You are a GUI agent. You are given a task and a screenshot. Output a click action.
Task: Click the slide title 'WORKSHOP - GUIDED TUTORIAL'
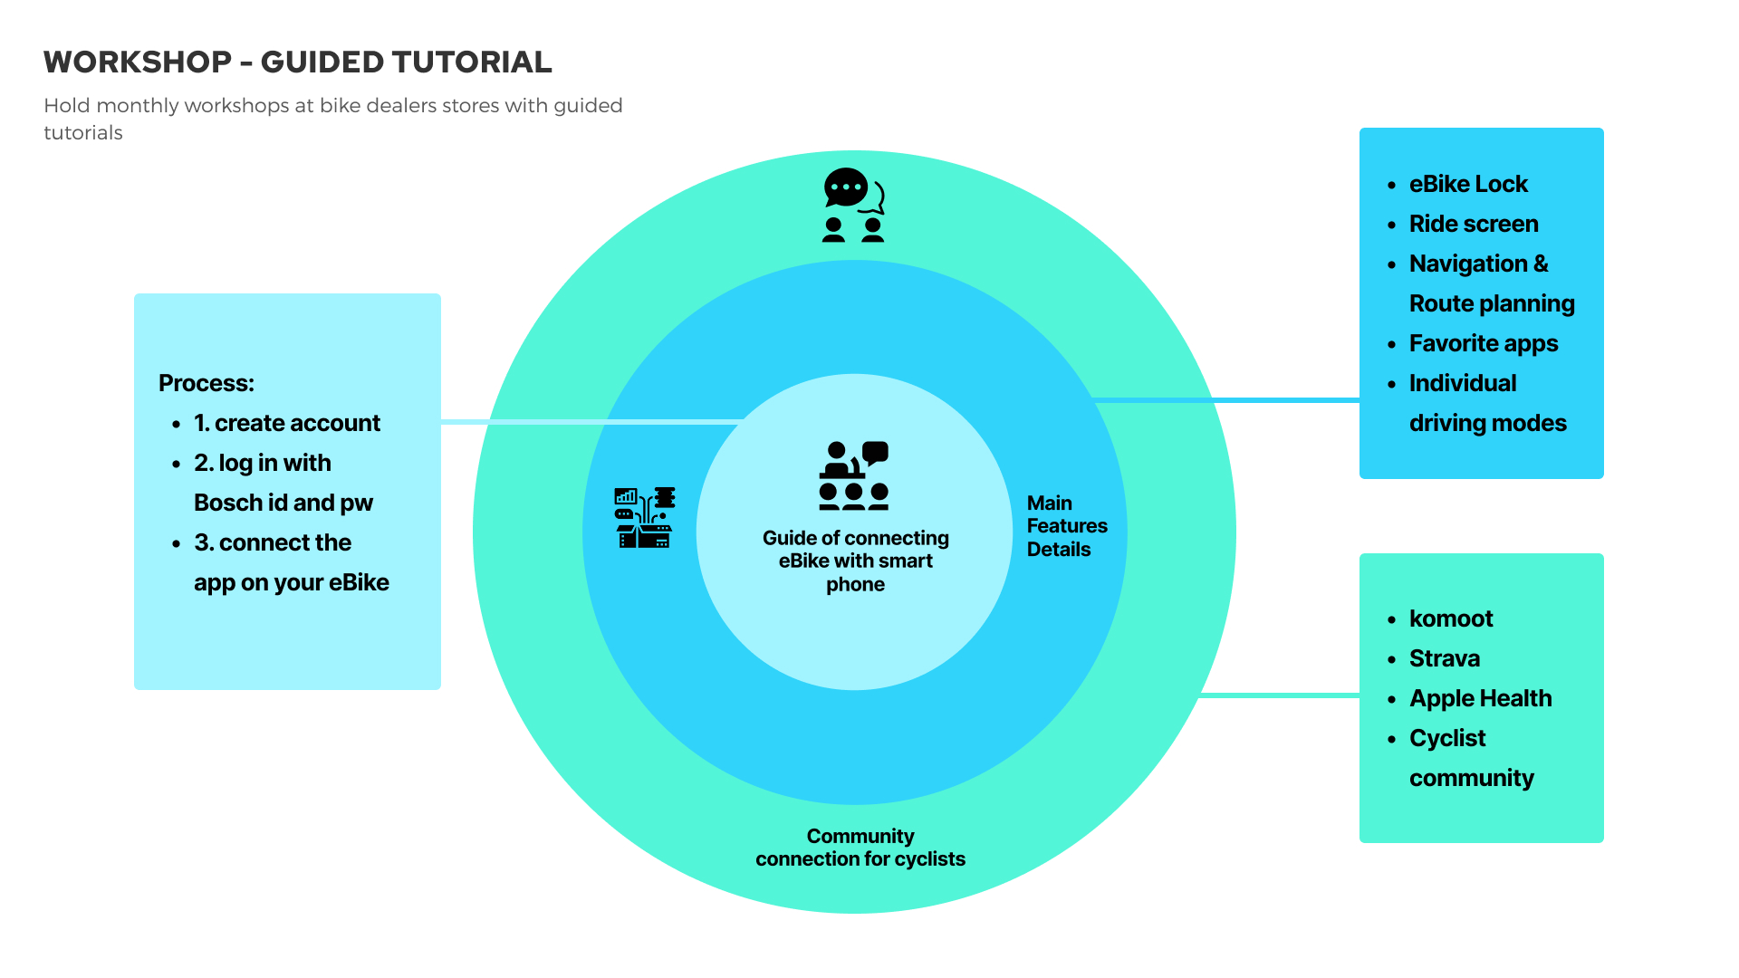297,62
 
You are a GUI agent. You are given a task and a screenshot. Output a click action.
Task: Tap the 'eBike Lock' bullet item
1467,184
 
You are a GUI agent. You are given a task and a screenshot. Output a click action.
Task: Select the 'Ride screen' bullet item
1473,224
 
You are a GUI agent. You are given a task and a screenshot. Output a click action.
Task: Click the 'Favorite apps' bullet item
1483,343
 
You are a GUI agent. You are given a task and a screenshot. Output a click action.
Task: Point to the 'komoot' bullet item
1450,618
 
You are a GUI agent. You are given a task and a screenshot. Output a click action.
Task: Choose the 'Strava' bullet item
1444,658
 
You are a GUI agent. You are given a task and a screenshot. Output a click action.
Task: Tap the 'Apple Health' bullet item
1480,698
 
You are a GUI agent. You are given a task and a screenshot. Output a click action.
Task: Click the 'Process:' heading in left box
207,383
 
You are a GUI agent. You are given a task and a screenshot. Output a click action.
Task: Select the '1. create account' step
287,423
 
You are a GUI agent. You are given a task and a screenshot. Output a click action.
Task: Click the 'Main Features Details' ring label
1066,526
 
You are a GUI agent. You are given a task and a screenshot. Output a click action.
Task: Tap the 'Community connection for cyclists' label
860,848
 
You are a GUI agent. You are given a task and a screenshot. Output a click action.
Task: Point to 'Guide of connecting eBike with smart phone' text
855,561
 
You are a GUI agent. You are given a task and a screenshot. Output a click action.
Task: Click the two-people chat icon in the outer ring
853,206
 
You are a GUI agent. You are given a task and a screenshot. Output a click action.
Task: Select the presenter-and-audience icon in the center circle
854,475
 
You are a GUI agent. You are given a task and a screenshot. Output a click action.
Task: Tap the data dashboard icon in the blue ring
644,517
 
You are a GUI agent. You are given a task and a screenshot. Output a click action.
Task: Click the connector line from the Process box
589,422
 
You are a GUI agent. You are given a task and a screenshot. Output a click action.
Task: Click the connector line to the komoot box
1279,695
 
